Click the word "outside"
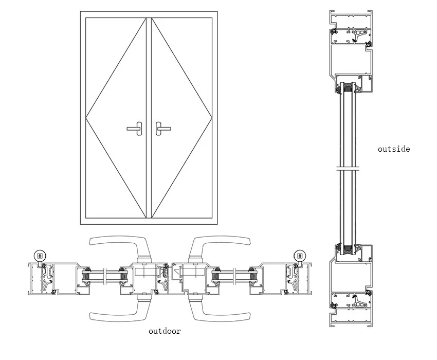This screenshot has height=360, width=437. pyautogui.click(x=393, y=149)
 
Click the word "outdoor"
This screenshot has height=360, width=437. pyautogui.click(x=165, y=331)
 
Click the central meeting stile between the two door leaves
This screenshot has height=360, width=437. pyautogui.click(x=149, y=118)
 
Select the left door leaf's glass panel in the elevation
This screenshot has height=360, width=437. pyautogui.click(x=116, y=118)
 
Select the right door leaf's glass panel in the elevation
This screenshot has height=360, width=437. pyautogui.click(x=181, y=118)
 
